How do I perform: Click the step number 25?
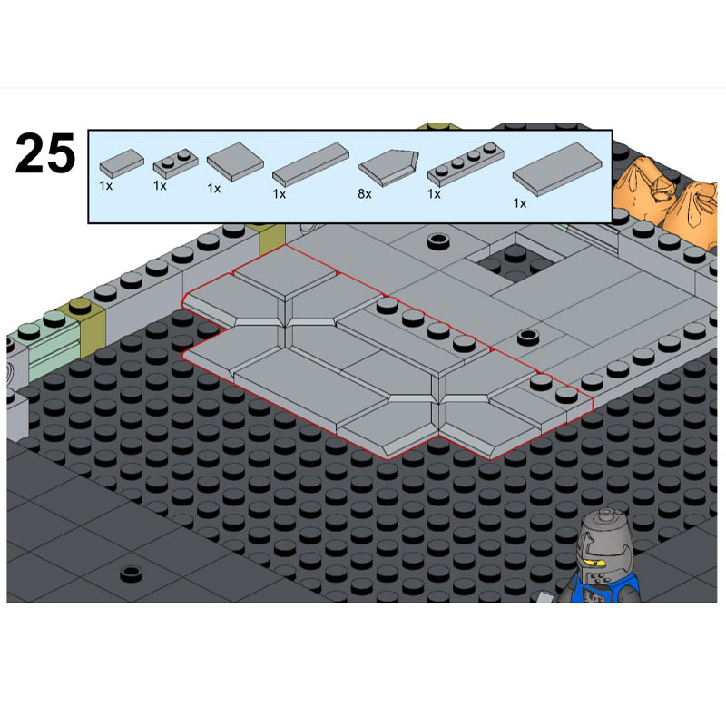44,152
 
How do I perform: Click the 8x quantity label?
365,194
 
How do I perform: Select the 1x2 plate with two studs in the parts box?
175,164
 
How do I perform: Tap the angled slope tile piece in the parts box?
388,167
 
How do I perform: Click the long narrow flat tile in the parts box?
310,164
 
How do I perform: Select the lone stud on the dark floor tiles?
131,574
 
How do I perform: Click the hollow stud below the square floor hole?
528,337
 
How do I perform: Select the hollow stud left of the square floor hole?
438,240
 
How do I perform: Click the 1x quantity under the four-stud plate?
434,194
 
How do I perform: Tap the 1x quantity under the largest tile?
519,203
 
